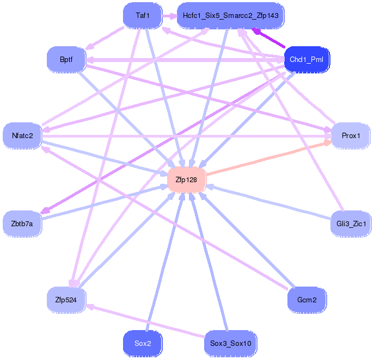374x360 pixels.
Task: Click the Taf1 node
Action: pyautogui.click(x=143, y=16)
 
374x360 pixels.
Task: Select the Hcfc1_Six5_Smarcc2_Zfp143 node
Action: pyautogui.click(x=230, y=16)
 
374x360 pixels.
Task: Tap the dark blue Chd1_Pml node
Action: pyautogui.click(x=306, y=60)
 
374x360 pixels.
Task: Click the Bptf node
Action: pyautogui.click(x=66, y=60)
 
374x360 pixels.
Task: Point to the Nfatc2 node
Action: pyautogui.click(x=22, y=136)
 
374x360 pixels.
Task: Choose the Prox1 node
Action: pyautogui.click(x=351, y=136)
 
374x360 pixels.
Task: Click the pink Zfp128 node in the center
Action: pyautogui.click(x=187, y=180)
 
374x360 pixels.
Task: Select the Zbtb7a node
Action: pyautogui.click(x=22, y=224)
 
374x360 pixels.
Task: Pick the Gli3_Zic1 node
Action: pyautogui.click(x=351, y=224)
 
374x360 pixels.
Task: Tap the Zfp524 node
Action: pyautogui.click(x=66, y=300)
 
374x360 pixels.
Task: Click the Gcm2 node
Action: pyautogui.click(x=307, y=300)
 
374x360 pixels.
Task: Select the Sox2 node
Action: pyautogui.click(x=143, y=344)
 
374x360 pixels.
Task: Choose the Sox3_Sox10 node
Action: pyautogui.click(x=230, y=344)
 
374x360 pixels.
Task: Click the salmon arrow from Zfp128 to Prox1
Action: pyautogui.click(x=269, y=158)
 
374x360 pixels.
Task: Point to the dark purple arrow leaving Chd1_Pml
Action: pyautogui.click(x=268, y=38)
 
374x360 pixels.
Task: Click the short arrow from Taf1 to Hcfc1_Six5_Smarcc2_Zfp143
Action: pyautogui.click(x=170, y=16)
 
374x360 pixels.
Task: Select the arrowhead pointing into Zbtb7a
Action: pyautogui.click(x=45, y=211)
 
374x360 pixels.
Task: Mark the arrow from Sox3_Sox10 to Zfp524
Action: pyautogui.click(x=145, y=321)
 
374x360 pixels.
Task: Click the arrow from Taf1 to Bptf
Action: pyautogui.click(x=105, y=38)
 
